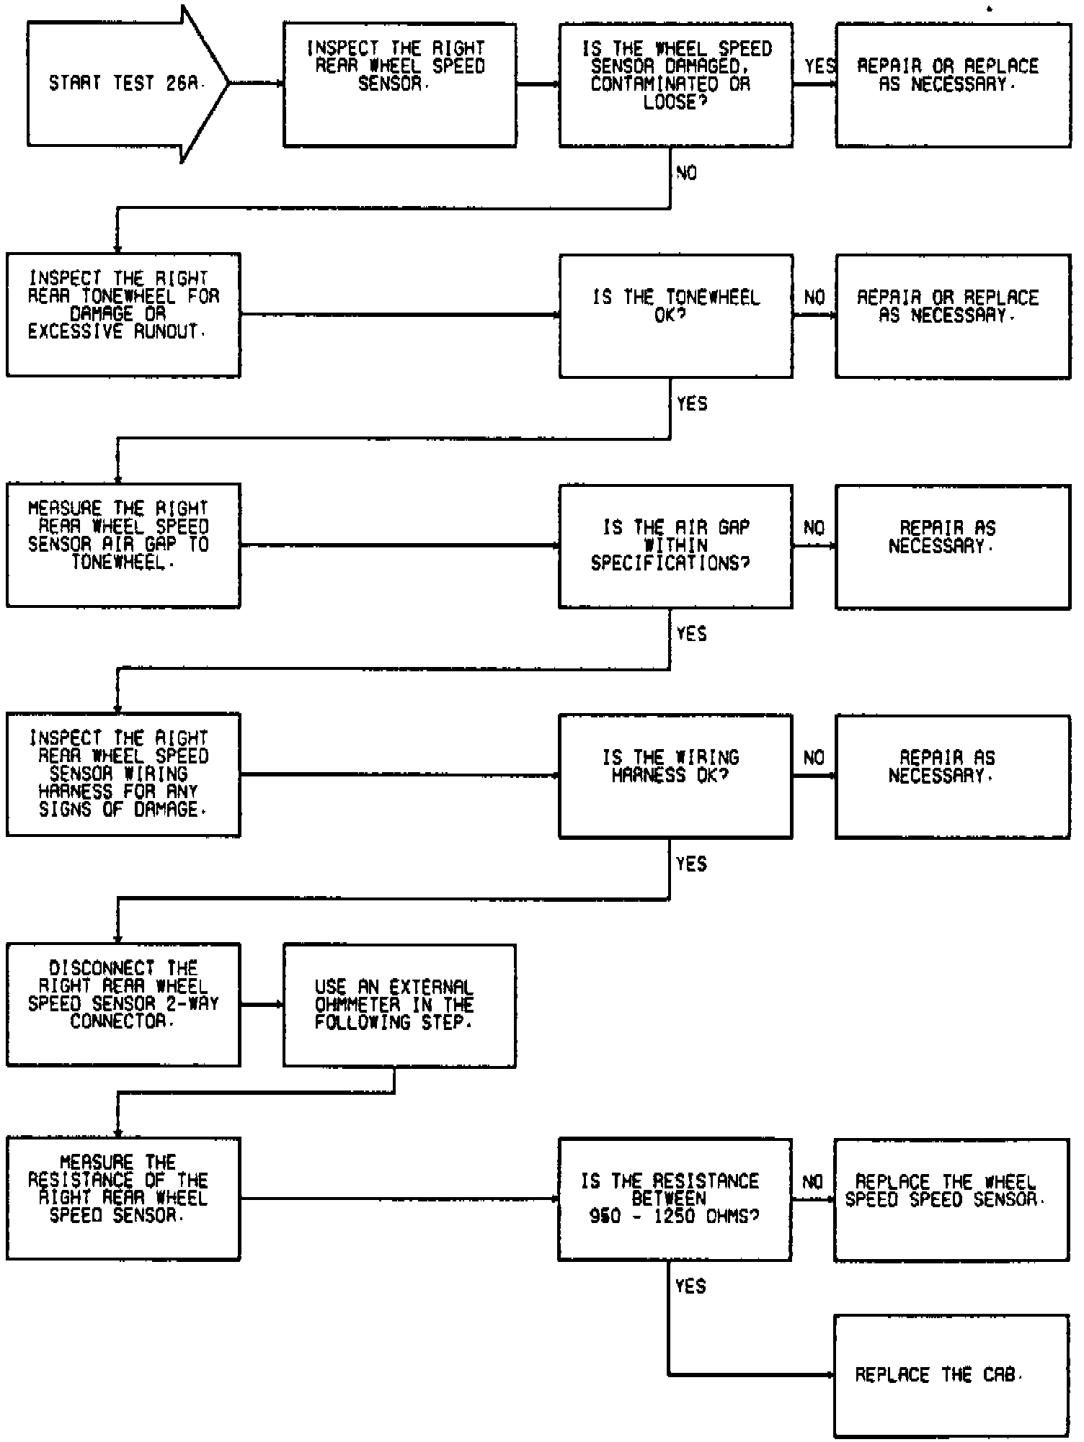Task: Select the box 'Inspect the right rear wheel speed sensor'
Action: coord(399,85)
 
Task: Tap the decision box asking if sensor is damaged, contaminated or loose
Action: coord(675,85)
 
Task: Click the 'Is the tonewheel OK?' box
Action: coord(675,315)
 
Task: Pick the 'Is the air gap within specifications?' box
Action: coord(675,546)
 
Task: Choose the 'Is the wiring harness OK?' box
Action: coord(675,776)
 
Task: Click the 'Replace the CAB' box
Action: coord(951,1375)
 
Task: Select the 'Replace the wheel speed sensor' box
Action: coord(951,1199)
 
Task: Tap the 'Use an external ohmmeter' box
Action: coord(399,1005)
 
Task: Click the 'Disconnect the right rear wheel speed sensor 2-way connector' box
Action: coord(123,1004)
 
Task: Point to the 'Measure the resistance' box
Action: coord(123,1199)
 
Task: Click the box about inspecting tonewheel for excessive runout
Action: coord(123,315)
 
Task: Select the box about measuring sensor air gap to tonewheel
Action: coord(123,545)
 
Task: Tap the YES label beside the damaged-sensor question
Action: coord(819,66)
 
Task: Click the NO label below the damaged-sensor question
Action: coord(687,173)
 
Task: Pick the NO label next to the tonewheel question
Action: coord(814,297)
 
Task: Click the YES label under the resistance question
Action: coord(690,1286)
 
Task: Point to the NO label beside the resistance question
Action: coord(813,1182)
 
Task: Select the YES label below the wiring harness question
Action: coord(691,864)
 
